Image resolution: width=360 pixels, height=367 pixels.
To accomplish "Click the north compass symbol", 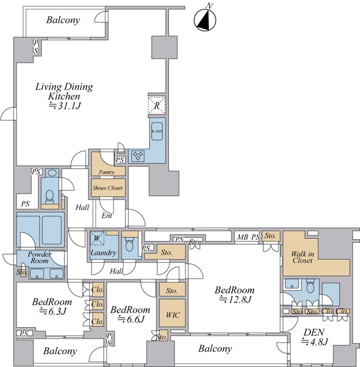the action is click(205, 19).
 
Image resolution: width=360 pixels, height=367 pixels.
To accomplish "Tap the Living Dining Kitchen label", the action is click(64, 91).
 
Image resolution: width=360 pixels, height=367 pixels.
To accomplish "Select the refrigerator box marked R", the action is click(157, 106).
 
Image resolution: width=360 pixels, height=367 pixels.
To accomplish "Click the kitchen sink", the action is click(157, 132).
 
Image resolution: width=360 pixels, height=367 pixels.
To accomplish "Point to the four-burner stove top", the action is click(138, 156).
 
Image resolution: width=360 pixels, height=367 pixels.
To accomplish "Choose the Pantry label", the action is click(107, 172).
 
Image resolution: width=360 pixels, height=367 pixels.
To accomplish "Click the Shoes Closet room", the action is click(108, 188).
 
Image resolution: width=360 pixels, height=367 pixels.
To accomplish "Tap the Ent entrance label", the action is click(107, 216).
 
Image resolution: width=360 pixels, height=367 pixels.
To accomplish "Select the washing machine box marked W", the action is click(97, 238).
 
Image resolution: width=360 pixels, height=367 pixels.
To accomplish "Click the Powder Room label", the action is click(39, 257).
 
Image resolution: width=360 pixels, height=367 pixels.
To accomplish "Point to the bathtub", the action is click(52, 230).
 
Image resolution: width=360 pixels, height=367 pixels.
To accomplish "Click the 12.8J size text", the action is click(235, 300).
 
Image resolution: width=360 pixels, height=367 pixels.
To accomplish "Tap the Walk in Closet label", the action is click(303, 257).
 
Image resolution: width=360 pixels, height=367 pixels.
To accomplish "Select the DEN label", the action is click(314, 332).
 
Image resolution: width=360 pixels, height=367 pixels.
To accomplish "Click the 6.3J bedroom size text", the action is click(53, 311).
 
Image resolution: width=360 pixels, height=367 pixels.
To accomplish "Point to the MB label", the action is click(242, 237).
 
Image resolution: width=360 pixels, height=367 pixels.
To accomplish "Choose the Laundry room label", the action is click(103, 253).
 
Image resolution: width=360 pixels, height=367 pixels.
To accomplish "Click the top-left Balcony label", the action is click(63, 20).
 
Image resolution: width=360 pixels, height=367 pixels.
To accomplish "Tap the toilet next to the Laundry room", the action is click(129, 245).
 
